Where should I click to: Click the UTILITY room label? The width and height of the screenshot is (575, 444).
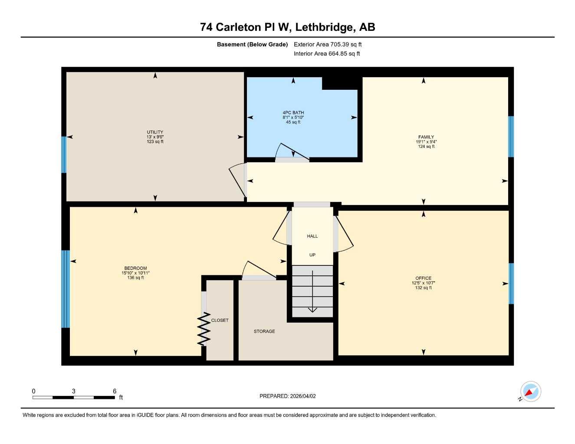click(155, 132)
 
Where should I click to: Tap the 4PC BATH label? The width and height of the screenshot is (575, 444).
click(293, 113)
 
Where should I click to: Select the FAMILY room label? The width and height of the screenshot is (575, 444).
click(426, 137)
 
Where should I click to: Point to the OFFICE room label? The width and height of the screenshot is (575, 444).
click(423, 278)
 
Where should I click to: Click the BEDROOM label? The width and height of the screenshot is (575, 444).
click(135, 268)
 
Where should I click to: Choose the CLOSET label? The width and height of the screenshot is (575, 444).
click(220, 320)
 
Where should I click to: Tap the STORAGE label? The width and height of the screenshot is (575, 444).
click(264, 331)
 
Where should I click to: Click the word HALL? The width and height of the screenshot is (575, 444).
click(312, 236)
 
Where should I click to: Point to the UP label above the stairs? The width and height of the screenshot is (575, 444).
click(312, 255)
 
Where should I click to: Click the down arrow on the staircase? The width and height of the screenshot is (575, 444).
click(312, 309)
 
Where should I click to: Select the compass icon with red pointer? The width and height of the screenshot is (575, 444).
click(530, 392)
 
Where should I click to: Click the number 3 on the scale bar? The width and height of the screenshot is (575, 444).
click(73, 391)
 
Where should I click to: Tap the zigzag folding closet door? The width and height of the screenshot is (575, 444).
click(204, 330)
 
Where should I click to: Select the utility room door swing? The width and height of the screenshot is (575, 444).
click(237, 180)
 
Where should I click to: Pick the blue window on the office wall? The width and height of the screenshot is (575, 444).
click(511, 284)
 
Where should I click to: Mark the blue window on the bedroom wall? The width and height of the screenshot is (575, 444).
click(66, 289)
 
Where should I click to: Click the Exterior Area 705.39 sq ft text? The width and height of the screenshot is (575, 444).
click(328, 44)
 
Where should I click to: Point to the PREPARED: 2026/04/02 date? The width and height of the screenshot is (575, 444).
click(288, 396)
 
